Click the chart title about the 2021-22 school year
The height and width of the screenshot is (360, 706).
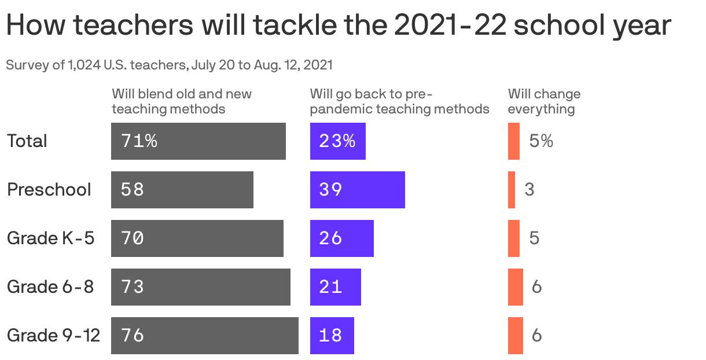[339, 26]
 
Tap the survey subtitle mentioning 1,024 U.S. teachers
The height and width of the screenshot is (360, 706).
[169, 65]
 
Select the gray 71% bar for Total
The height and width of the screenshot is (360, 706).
[198, 141]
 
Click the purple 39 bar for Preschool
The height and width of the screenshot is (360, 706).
[357, 190]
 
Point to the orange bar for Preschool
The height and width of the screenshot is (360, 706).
[512, 190]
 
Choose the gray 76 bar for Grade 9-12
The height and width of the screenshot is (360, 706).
[205, 336]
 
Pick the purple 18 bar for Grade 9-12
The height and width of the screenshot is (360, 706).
[332, 336]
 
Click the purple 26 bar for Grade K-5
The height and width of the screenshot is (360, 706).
[341, 238]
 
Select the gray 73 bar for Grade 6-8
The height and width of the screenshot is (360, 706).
[201, 287]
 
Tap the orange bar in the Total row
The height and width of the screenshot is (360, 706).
[514, 141]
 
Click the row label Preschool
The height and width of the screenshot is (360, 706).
[49, 190]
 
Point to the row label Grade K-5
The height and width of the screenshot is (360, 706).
[50, 238]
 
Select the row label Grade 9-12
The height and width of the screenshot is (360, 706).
[53, 336]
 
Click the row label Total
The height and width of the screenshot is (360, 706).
[27, 141]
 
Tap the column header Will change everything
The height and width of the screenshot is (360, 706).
[544, 101]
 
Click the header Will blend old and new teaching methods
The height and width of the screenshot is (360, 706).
[182, 101]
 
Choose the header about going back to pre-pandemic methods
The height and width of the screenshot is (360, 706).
[399, 101]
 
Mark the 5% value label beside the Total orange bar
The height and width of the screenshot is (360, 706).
[541, 141]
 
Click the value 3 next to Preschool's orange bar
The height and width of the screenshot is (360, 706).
[529, 190]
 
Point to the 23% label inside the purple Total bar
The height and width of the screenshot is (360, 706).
[337, 141]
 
